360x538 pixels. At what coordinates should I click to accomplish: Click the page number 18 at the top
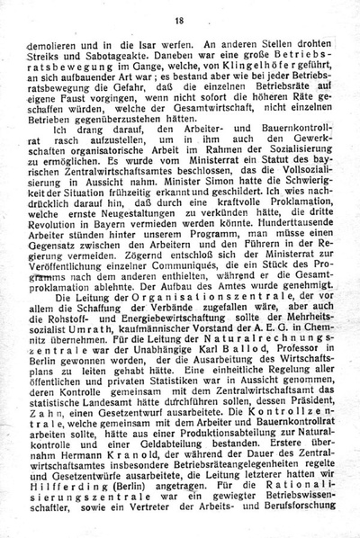pos(179,20)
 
